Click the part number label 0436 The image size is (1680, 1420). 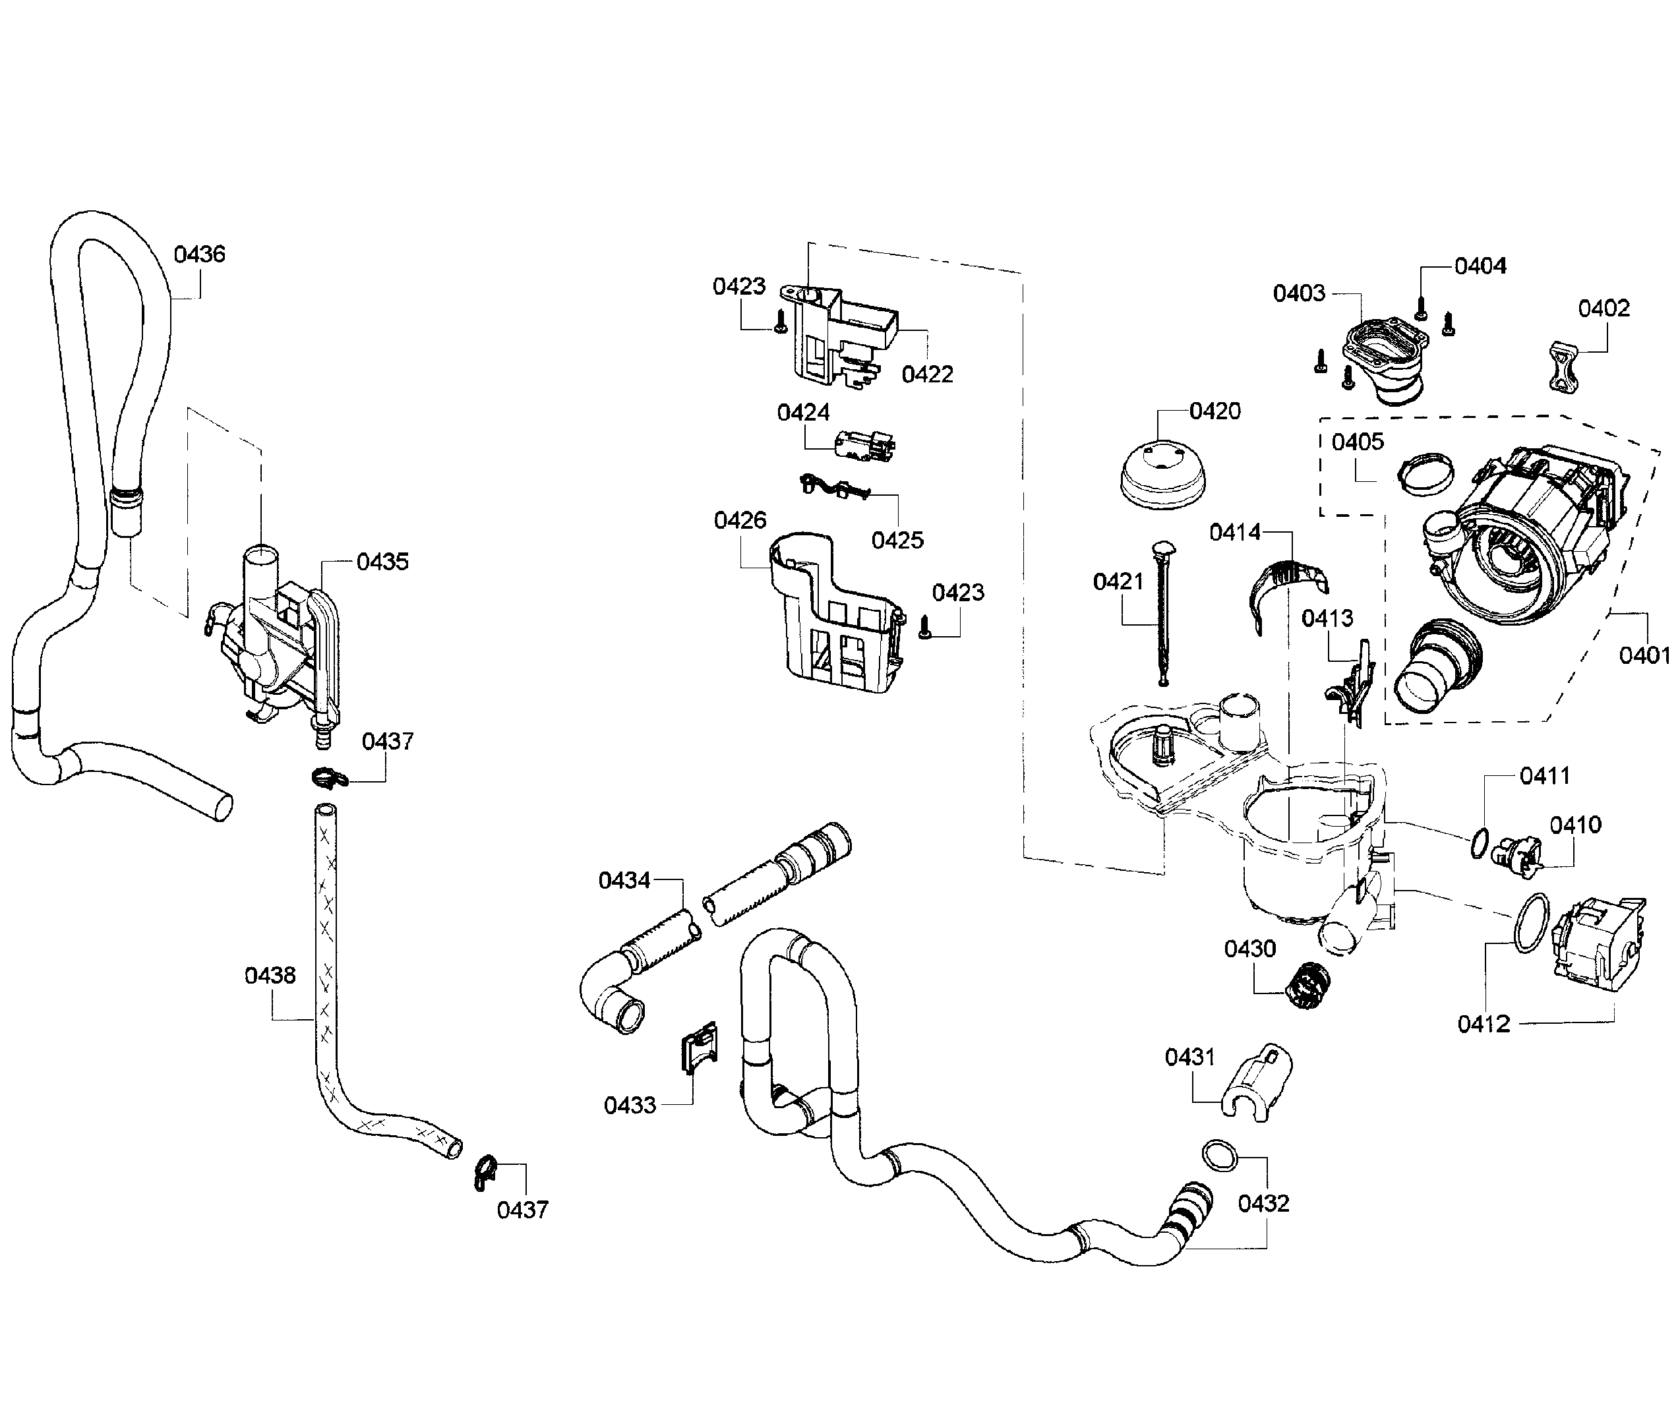200,254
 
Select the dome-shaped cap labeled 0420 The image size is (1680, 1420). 1162,477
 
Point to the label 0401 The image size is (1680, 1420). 1644,656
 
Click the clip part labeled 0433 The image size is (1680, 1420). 700,1048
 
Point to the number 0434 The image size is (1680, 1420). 624,881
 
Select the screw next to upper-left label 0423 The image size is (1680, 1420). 780,322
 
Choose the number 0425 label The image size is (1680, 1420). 897,540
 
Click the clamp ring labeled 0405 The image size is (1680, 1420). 1425,474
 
